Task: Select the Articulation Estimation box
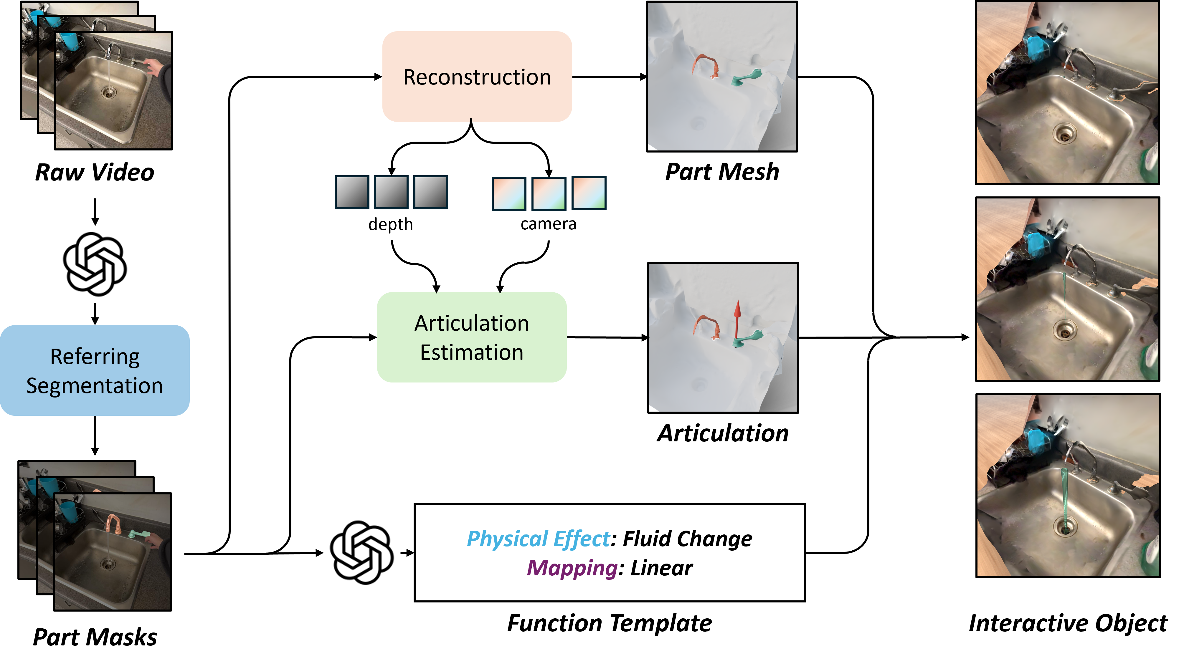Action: click(472, 337)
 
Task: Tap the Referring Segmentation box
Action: click(94, 370)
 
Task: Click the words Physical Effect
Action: click(538, 539)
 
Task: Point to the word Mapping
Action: click(571, 568)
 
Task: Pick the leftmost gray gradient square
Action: click(352, 192)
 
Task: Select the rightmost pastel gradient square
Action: click(589, 193)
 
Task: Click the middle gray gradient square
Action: click(391, 192)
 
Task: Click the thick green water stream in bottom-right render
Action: click(1064, 501)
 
